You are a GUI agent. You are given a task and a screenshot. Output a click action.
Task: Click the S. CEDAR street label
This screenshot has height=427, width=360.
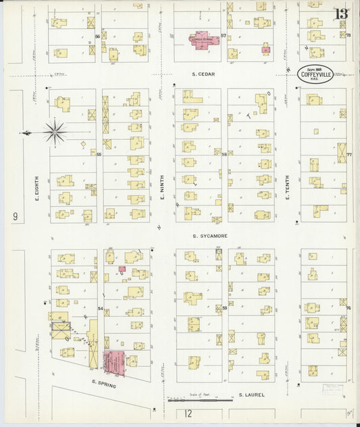(x=203, y=74)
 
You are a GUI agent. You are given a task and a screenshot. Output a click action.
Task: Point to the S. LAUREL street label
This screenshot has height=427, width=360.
(x=251, y=395)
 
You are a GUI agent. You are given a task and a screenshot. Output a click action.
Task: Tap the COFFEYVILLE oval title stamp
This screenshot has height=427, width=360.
(x=315, y=74)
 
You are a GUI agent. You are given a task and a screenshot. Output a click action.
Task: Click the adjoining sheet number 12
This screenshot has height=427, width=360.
(x=188, y=413)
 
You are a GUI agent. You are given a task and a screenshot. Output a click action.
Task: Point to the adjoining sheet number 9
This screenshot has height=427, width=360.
(x=14, y=217)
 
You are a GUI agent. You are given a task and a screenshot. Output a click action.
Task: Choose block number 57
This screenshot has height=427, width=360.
(x=224, y=35)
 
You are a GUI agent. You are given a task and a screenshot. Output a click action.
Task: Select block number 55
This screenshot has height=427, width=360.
(x=99, y=155)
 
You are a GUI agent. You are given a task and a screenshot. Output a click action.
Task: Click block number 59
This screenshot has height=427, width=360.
(x=224, y=308)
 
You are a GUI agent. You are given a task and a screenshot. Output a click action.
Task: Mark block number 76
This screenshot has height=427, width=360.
(x=349, y=308)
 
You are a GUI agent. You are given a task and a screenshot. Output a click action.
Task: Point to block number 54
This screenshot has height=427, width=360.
(x=100, y=308)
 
